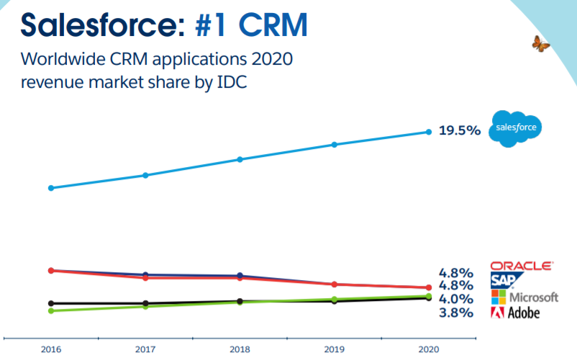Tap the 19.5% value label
click(459, 131)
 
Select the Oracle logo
click(522, 266)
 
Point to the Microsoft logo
click(524, 297)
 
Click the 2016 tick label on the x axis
click(50, 349)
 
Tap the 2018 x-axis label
click(240, 349)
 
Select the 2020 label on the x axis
click(428, 349)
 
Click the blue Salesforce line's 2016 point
click(50, 188)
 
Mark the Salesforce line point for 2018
click(240, 159)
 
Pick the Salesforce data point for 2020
click(429, 132)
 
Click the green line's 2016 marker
click(50, 311)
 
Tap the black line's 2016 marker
click(50, 303)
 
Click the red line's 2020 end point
click(429, 288)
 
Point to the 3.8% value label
click(455, 312)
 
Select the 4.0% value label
click(455, 299)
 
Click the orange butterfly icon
click(541, 44)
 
